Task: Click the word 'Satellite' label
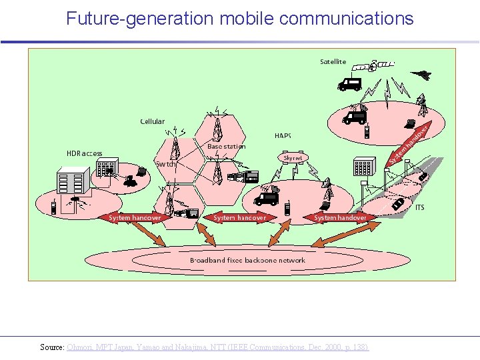(333, 62)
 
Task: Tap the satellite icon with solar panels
(373, 65)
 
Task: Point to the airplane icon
(421, 75)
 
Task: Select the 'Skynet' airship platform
(293, 158)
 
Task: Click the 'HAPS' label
(283, 136)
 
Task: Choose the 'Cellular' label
(152, 121)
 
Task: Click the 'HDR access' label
(84, 153)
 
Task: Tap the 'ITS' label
(420, 208)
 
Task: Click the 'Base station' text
(226, 147)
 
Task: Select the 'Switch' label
(166, 164)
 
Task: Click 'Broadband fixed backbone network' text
(247, 260)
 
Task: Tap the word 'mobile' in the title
(249, 19)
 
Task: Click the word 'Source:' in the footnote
(52, 347)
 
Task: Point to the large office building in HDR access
(73, 183)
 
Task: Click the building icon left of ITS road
(363, 167)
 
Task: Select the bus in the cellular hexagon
(243, 177)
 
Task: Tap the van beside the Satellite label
(349, 84)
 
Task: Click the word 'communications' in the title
(347, 19)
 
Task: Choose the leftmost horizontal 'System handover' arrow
(135, 217)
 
